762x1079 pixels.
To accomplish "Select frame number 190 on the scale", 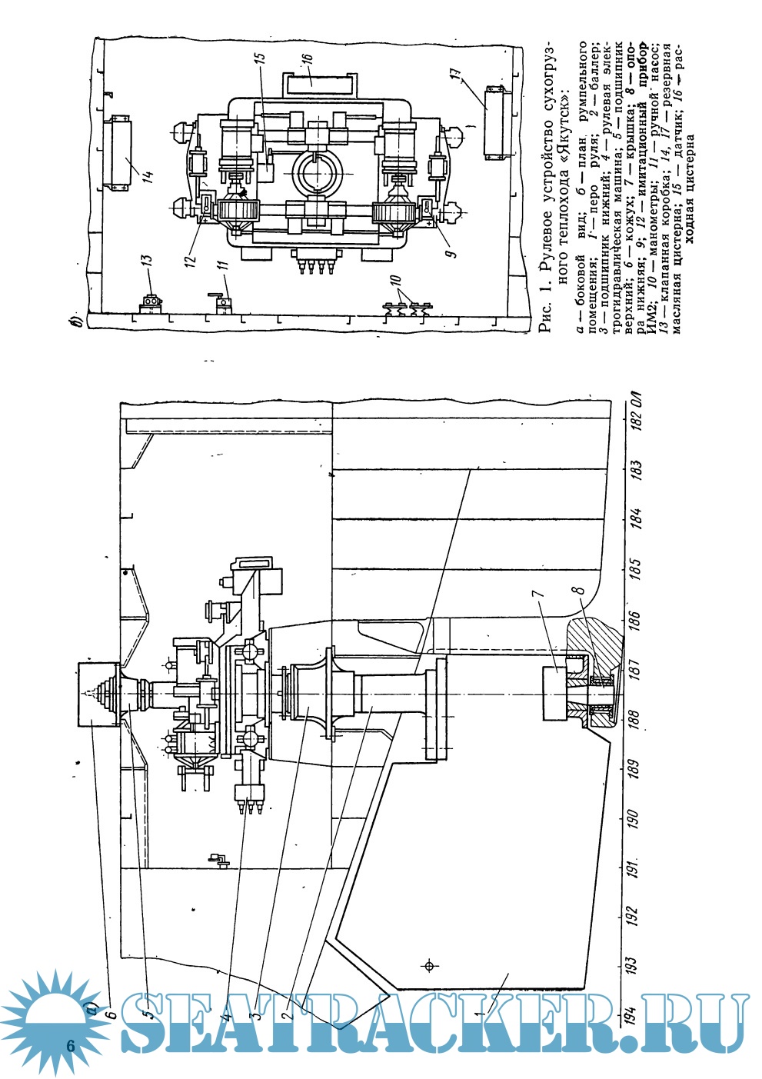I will tap(637, 817).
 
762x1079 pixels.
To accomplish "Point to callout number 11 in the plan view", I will tap(223, 266).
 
